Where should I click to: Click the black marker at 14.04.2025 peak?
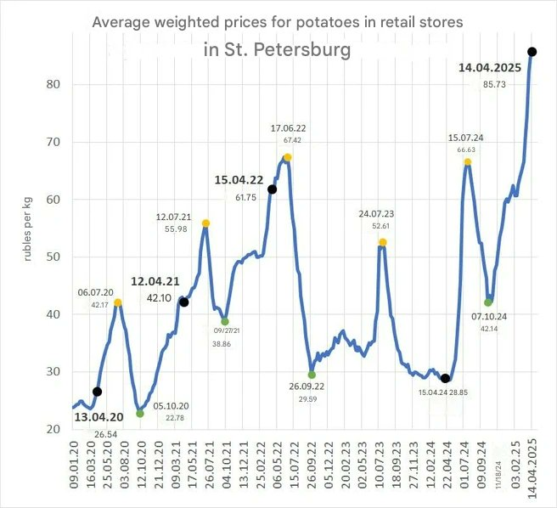click(x=532, y=52)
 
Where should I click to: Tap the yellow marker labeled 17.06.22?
click(x=288, y=157)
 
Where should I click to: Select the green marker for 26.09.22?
click(x=312, y=375)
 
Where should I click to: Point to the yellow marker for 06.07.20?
click(x=118, y=302)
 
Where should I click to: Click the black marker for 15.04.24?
click(x=446, y=378)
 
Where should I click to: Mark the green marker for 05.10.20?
click(x=140, y=414)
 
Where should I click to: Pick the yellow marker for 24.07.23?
click(x=383, y=242)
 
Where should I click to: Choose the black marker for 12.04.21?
click(x=184, y=302)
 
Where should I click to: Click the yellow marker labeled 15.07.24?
click(x=468, y=161)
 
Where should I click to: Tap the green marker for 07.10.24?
click(x=488, y=302)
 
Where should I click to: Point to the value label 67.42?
click(x=292, y=140)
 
